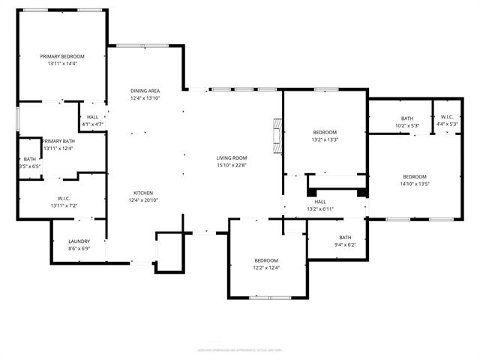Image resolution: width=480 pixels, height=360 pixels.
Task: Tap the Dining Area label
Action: click(145, 90)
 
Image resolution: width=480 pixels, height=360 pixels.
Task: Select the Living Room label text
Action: click(231, 158)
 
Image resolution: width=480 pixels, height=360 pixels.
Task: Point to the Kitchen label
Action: click(143, 192)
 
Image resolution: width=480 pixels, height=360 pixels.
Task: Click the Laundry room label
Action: click(79, 241)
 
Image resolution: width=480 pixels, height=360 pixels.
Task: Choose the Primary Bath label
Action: click(58, 141)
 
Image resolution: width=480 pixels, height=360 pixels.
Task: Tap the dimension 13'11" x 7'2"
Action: click(64, 205)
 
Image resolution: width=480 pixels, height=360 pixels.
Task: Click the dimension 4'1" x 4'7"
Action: click(92, 124)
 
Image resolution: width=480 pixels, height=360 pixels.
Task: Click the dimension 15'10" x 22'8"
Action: click(231, 166)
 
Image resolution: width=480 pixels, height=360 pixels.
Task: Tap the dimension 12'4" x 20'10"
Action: click(143, 200)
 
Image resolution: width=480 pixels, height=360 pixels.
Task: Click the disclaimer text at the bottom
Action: click(240, 349)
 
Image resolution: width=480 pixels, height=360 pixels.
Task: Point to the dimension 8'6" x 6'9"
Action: click(79, 248)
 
